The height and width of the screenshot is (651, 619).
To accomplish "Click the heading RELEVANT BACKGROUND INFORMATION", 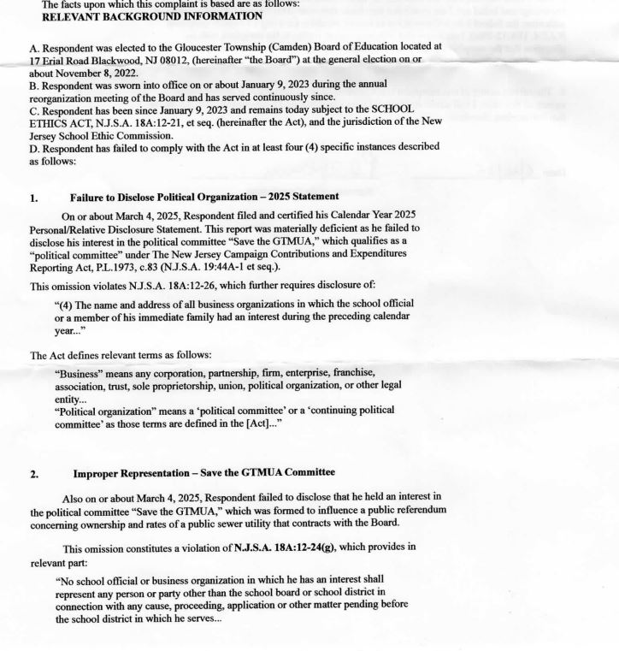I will (x=140, y=16).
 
